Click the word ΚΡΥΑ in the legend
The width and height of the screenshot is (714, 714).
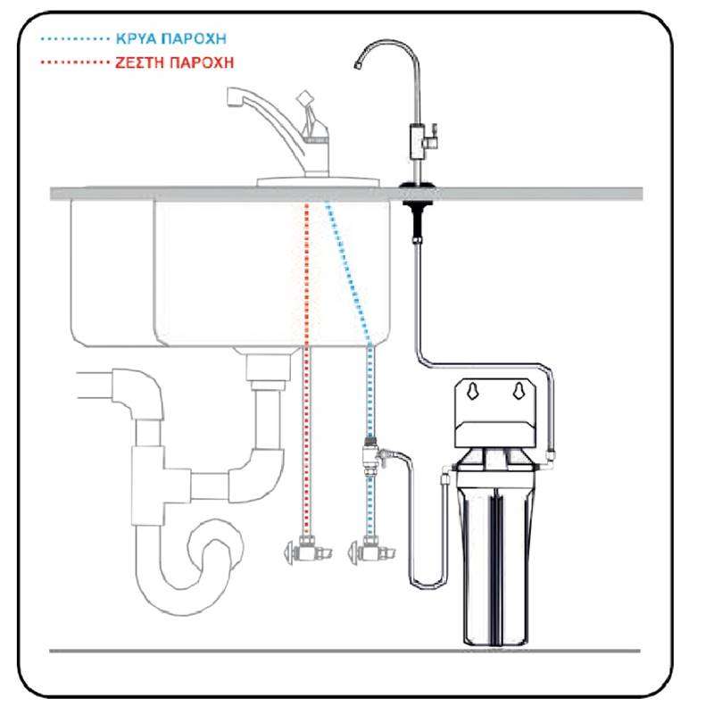coord(137,38)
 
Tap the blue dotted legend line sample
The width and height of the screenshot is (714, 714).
coord(75,39)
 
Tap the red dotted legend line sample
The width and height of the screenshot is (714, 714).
coord(75,62)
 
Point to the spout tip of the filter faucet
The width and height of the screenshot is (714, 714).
coord(358,66)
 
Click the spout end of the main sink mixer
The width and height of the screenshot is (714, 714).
coord(234,97)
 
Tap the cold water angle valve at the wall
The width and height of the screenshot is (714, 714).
coord(370,550)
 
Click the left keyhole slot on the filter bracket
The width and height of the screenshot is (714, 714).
coord(473,391)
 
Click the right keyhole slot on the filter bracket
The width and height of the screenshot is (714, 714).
coord(519,391)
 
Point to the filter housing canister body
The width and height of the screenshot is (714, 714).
coord(496,565)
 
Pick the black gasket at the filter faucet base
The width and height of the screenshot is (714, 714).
coord(418,186)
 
